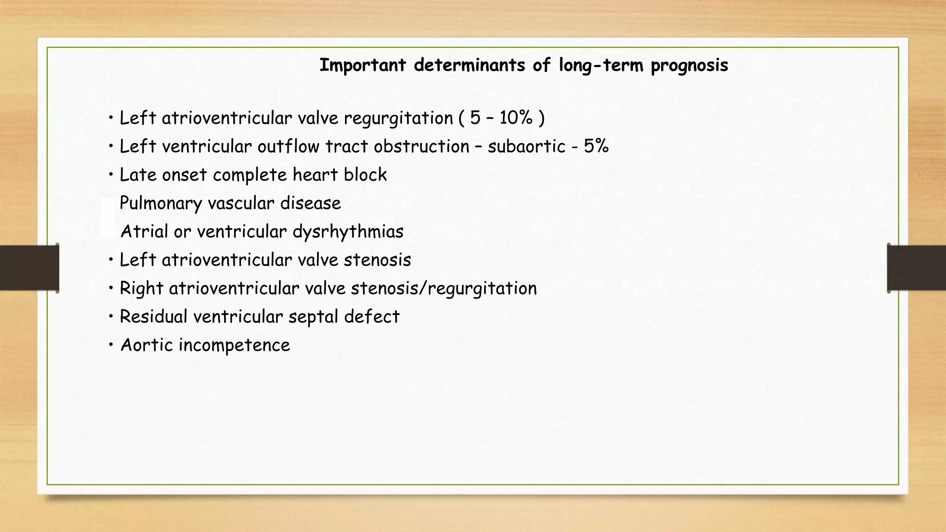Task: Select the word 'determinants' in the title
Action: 469,65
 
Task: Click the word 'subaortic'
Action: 527,146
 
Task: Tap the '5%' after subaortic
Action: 596,146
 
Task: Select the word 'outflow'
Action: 288,146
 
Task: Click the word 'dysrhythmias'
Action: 348,232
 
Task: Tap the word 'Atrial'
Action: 144,232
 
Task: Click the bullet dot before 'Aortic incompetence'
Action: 111,345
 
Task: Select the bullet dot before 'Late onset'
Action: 111,175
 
